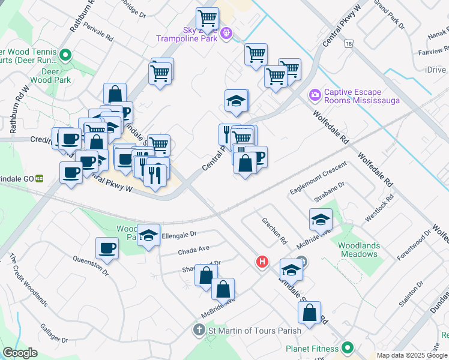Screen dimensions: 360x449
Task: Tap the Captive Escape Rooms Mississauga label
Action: coord(361,96)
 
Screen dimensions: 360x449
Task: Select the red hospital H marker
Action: coord(262,262)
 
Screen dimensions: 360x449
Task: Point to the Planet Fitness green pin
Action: coord(347,348)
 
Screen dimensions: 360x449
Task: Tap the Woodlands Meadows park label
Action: coord(358,250)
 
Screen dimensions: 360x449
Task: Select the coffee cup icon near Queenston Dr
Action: coord(107,248)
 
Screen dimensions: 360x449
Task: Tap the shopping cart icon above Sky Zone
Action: coord(207,18)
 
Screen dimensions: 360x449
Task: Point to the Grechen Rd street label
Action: coord(274,230)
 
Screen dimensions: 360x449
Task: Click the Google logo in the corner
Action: coord(20,353)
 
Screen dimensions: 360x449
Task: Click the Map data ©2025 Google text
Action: coord(412,355)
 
